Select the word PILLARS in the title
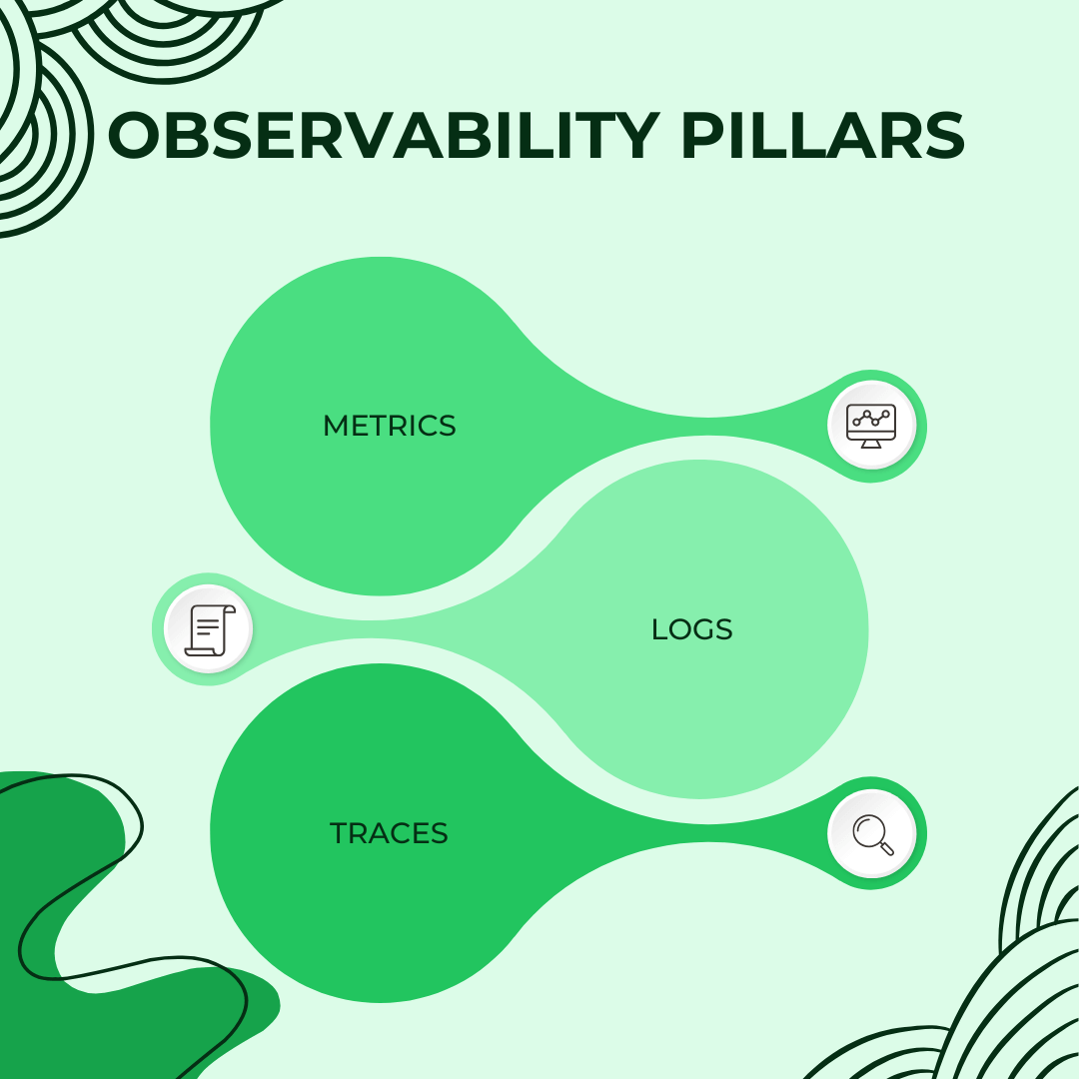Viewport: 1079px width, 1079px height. pyautogui.click(x=822, y=137)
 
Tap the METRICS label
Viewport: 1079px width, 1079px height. pyautogui.click(x=389, y=426)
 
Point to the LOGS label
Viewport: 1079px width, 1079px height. pyautogui.click(x=691, y=629)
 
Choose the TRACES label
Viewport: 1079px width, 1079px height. pyautogui.click(x=389, y=833)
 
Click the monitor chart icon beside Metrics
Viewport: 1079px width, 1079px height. pyautogui.click(x=871, y=426)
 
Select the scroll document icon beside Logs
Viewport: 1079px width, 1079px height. pyautogui.click(x=208, y=629)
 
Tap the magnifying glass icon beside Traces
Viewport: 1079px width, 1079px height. pyautogui.click(x=871, y=833)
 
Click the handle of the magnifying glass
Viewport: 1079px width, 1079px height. pyautogui.click(x=885, y=847)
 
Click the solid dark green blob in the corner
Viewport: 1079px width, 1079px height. pyautogui.click(x=60, y=899)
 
